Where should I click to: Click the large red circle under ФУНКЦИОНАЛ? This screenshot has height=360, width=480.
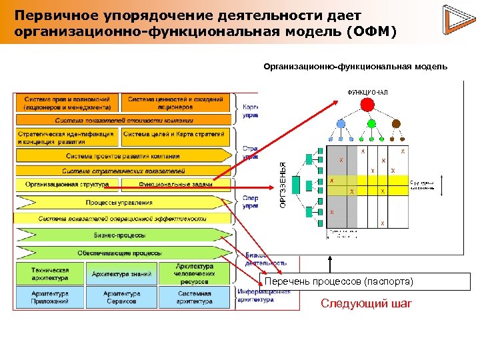point(366,104)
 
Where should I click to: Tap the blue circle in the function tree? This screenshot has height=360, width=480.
point(341,123)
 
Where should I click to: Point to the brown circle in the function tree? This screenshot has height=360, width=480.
point(395,123)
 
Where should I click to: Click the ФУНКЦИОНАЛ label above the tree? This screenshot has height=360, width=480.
point(367,92)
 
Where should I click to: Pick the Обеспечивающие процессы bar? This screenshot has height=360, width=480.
point(120,253)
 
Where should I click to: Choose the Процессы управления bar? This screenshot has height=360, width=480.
point(120,203)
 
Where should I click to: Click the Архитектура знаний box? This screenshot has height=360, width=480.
point(122,273)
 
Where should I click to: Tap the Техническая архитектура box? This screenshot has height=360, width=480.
point(50,273)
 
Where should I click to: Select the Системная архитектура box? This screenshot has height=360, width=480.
point(195,297)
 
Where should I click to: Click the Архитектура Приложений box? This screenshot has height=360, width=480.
point(50,297)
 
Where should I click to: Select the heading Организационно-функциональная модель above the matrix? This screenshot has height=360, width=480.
point(355,67)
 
